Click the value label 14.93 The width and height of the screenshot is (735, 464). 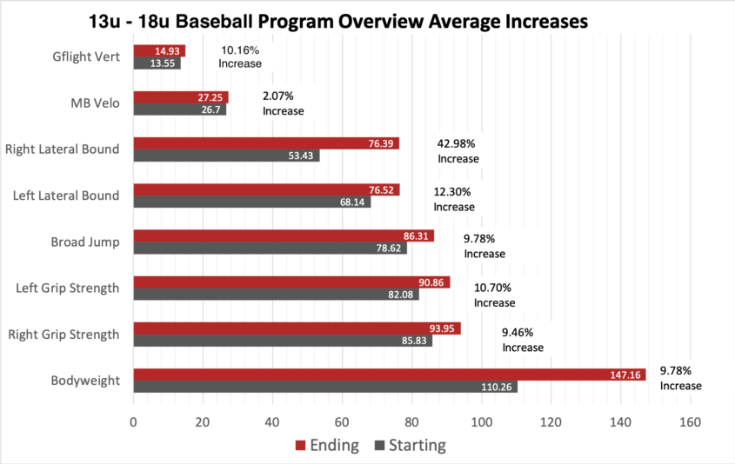(x=170, y=51)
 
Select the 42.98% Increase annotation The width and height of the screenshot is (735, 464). (x=458, y=150)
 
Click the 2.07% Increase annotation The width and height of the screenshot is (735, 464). (x=283, y=103)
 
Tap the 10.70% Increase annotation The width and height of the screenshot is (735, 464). (x=493, y=295)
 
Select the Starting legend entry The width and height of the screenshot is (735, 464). (x=409, y=446)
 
